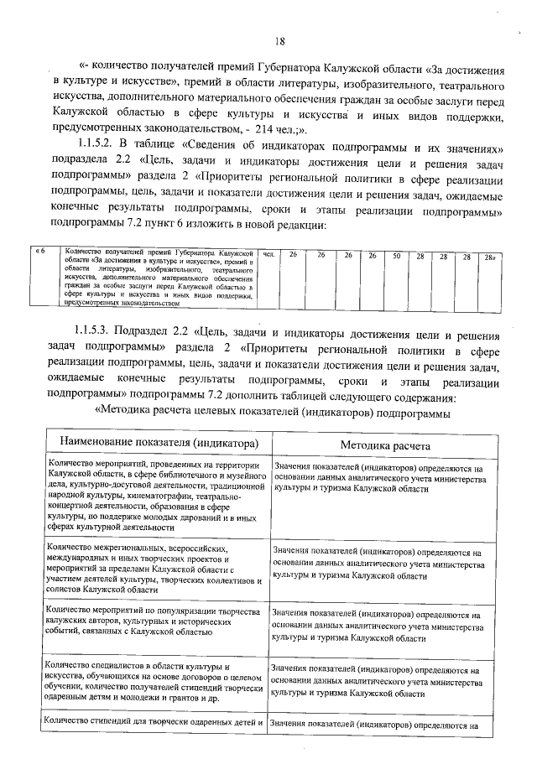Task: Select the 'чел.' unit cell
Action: (x=268, y=254)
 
